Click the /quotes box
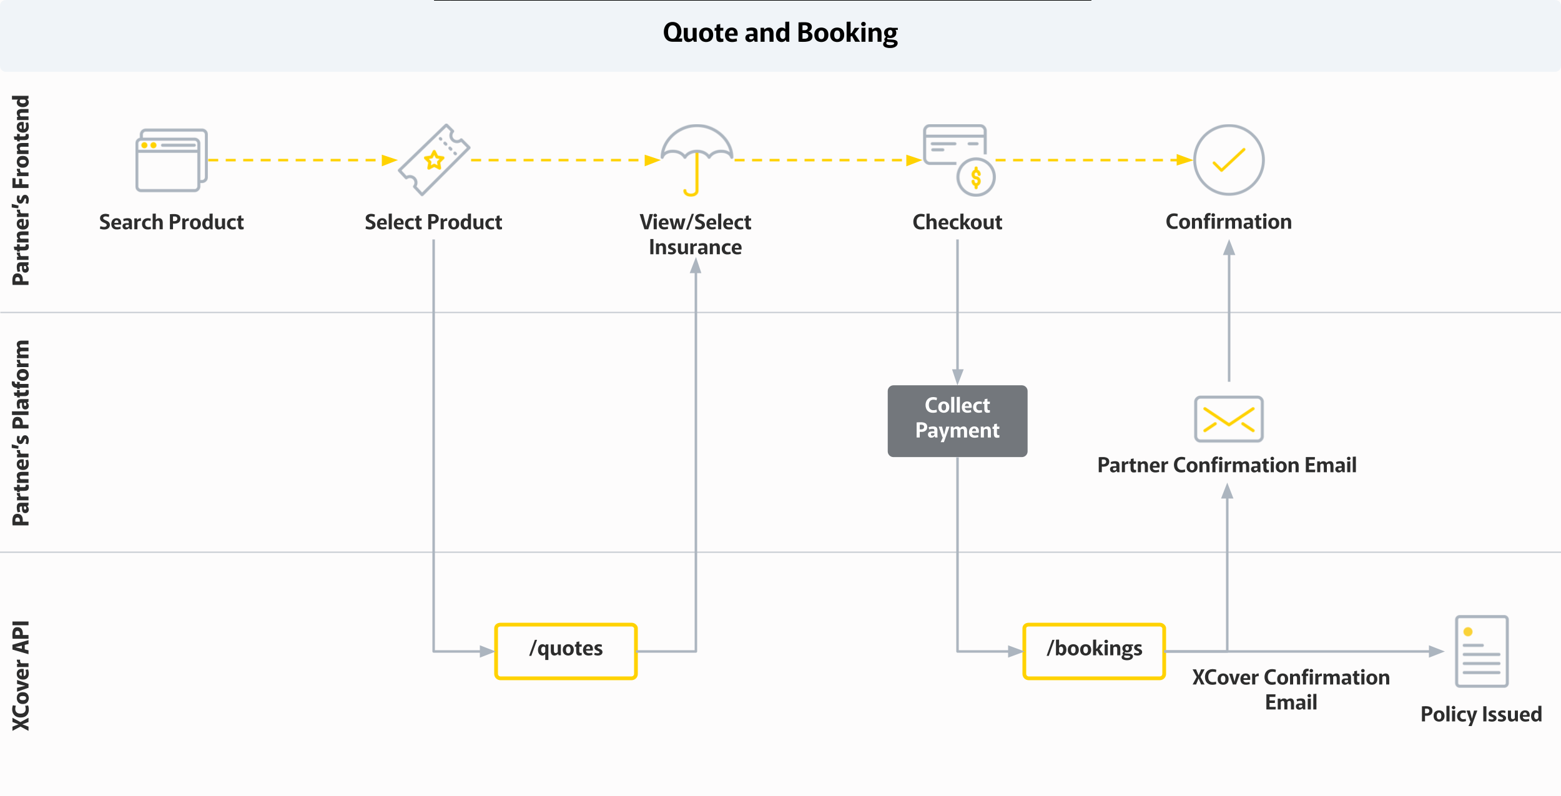click(x=566, y=651)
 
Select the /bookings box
click(x=1094, y=651)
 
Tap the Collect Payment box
click(x=957, y=421)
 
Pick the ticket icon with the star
click(x=434, y=160)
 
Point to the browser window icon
click(x=171, y=160)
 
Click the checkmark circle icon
click(x=1228, y=160)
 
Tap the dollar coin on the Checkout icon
click(x=976, y=178)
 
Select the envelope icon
click(x=1228, y=419)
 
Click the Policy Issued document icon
click(x=1481, y=651)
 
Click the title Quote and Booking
click(x=780, y=32)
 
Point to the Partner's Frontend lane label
click(x=21, y=190)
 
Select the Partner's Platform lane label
click(x=21, y=433)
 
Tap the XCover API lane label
click(x=21, y=675)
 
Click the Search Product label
click(x=171, y=222)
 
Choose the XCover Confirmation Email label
click(x=1291, y=690)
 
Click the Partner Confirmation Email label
click(x=1226, y=465)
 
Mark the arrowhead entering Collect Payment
click(x=957, y=376)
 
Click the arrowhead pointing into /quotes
click(x=487, y=651)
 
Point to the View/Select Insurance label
click(x=695, y=234)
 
